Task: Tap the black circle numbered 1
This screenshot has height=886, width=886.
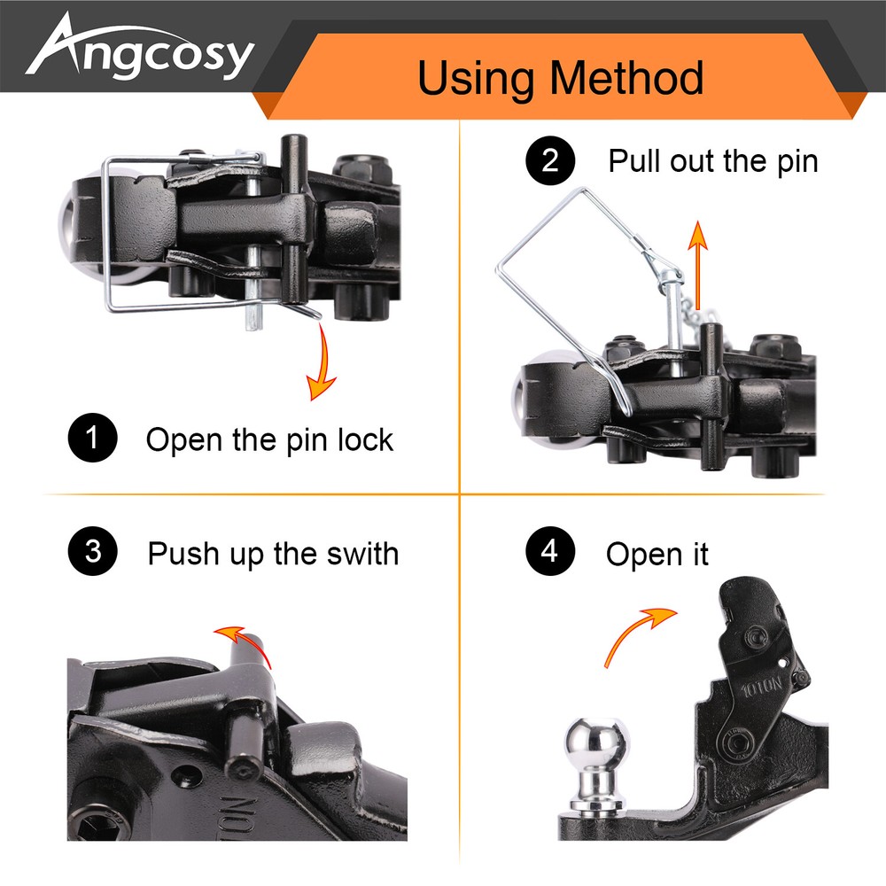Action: coord(93,439)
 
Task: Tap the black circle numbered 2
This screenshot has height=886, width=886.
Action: coord(550,161)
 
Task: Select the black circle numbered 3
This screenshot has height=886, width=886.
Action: coord(93,552)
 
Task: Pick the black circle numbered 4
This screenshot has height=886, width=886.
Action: coord(550,552)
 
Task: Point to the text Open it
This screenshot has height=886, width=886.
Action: coord(657,555)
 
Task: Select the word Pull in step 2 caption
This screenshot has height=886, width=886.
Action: coord(634,161)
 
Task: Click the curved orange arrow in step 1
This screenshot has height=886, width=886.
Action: coord(322,363)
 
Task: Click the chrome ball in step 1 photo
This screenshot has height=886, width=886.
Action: coord(81,234)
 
